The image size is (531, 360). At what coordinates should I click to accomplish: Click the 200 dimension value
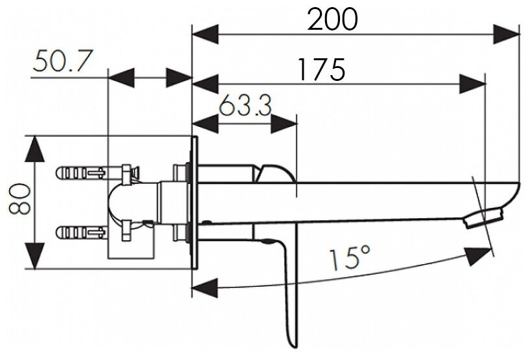click(332, 21)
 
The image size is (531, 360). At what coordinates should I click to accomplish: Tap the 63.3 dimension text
click(244, 106)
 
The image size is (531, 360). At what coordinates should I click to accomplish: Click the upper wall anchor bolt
click(81, 173)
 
